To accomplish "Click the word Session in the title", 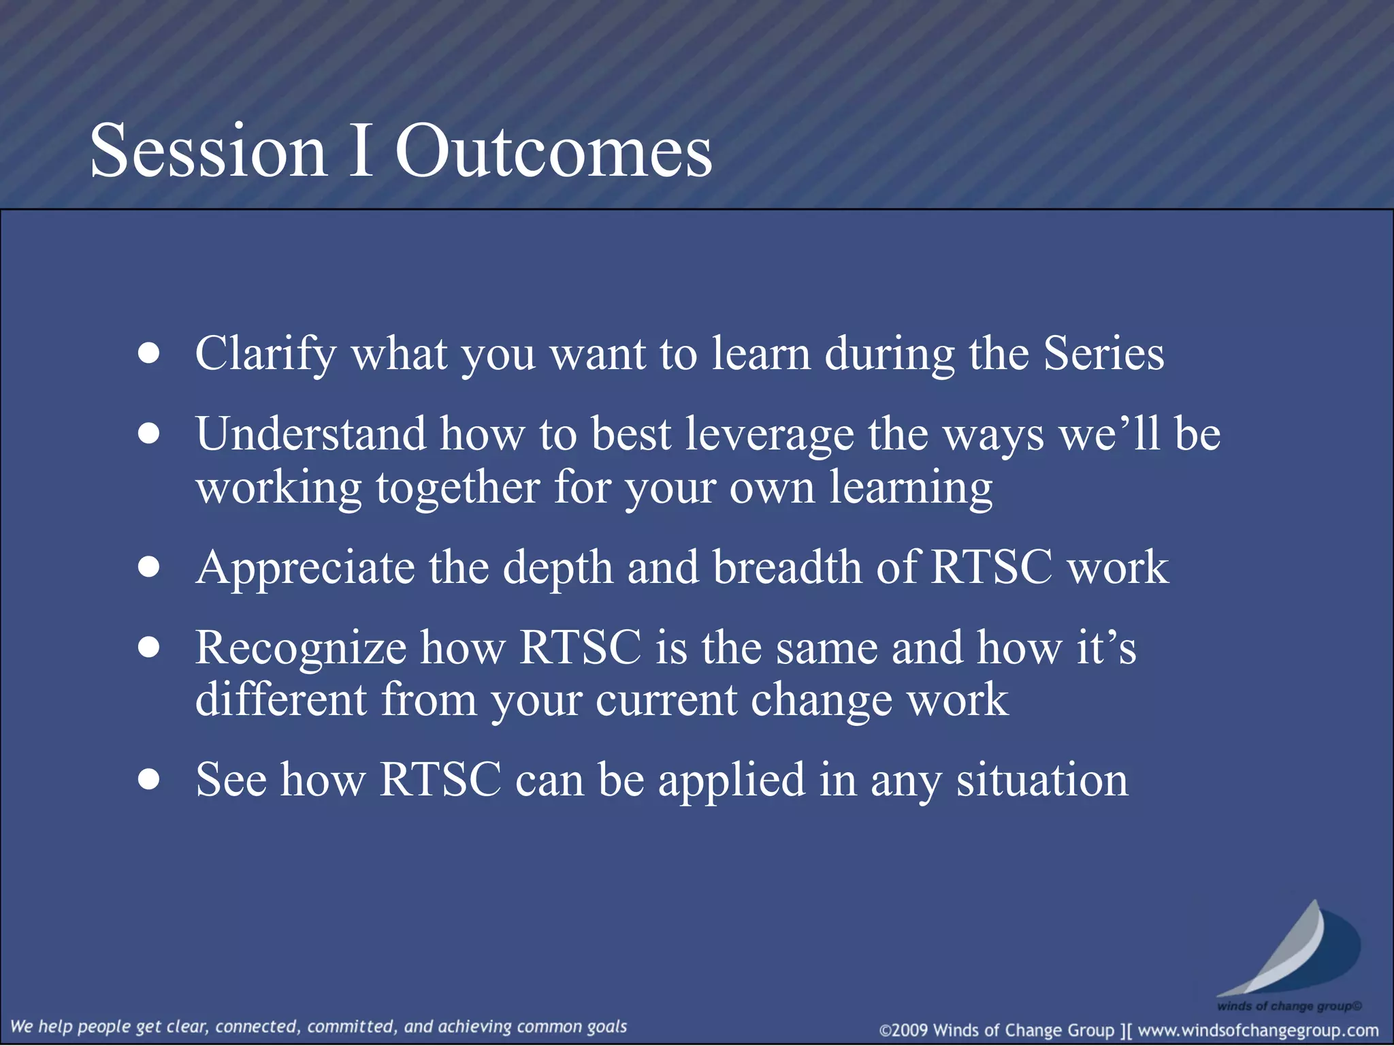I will click(x=208, y=151).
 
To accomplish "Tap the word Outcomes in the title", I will click(x=553, y=151).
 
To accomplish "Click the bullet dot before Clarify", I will click(x=148, y=354).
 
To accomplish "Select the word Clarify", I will click(x=265, y=354).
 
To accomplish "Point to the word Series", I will click(x=1103, y=354).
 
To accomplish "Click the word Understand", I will click(x=310, y=434).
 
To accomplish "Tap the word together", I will click(x=458, y=488).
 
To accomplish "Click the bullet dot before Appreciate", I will click(x=148, y=567).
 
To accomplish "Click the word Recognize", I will click(x=301, y=648).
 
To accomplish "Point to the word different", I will click(x=281, y=699).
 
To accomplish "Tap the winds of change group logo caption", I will click(x=1289, y=1006).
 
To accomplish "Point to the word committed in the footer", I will click(x=350, y=1026).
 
